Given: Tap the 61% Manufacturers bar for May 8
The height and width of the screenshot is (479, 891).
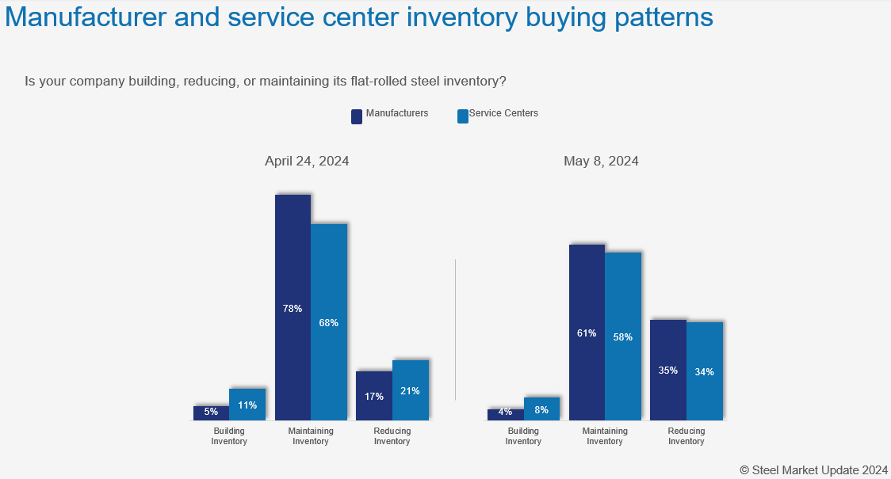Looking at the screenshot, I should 587,332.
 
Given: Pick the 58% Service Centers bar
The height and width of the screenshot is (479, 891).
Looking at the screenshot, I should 623,336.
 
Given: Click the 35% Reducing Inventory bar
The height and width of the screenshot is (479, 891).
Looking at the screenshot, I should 668,370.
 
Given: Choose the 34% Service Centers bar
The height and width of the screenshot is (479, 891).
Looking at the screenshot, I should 705,371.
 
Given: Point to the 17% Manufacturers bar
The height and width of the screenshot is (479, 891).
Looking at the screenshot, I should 374,395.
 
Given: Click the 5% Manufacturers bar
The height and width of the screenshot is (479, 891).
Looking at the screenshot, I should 211,412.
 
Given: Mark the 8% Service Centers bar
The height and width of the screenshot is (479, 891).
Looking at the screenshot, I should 541,409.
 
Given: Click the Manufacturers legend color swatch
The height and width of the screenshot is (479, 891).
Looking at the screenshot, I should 357,116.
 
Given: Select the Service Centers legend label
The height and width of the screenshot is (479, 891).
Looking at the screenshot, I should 503,113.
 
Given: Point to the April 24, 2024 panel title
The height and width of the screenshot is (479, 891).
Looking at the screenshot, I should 307,161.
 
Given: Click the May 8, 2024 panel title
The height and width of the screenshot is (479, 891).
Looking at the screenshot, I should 601,161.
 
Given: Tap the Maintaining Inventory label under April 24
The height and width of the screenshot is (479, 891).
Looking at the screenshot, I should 311,436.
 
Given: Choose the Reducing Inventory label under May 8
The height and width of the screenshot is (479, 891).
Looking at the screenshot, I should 686,436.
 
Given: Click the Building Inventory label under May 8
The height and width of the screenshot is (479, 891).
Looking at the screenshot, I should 523,436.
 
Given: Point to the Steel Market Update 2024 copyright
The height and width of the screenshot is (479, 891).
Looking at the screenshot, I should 814,469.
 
